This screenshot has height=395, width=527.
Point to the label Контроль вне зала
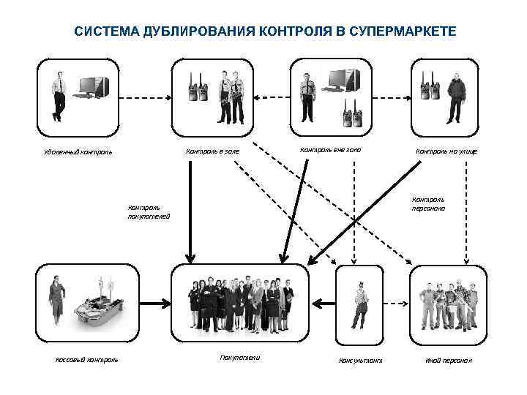tap(331, 150)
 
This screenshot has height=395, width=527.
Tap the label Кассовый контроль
tap(87, 359)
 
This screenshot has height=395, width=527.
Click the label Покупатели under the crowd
tap(239, 357)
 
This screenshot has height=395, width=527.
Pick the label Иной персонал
tap(449, 361)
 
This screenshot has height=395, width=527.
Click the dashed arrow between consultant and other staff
tap(396, 301)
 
